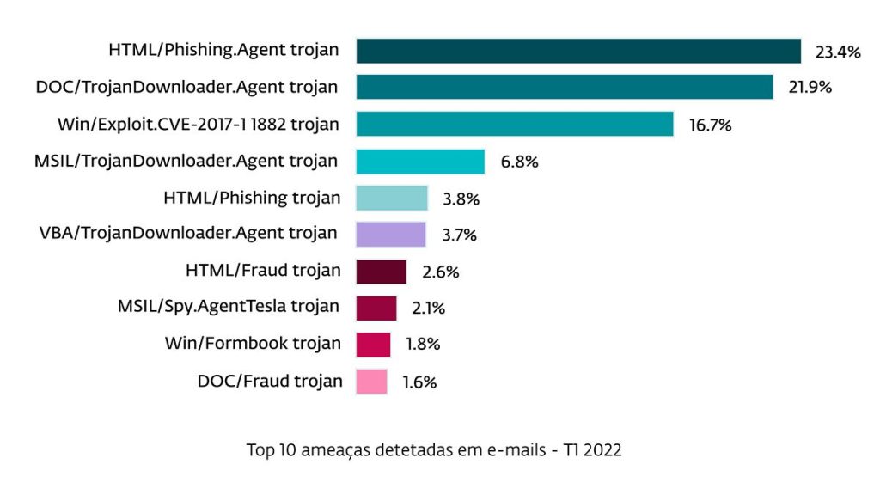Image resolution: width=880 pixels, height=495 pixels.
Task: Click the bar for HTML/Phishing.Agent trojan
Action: click(x=578, y=52)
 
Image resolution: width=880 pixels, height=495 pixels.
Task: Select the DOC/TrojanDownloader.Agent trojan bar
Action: click(x=564, y=88)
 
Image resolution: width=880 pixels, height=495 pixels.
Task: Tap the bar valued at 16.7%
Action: click(x=515, y=125)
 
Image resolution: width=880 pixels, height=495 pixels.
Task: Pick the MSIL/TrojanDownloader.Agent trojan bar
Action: click(x=420, y=162)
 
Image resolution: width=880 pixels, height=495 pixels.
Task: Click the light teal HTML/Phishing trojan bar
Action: click(x=392, y=199)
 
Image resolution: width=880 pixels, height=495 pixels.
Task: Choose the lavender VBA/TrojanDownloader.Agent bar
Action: click(x=391, y=235)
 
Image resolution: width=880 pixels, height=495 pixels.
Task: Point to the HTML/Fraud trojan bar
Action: click(x=382, y=272)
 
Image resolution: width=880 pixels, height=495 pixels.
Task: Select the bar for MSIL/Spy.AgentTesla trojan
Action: click(x=376, y=308)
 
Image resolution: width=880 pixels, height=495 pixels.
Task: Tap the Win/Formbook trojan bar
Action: click(x=374, y=345)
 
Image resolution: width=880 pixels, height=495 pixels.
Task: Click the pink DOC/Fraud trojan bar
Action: click(x=372, y=381)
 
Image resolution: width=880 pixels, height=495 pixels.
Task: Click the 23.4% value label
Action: click(x=838, y=52)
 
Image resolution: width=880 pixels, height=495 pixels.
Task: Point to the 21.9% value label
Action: click(x=810, y=89)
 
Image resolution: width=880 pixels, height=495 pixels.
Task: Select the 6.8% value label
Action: click(x=519, y=162)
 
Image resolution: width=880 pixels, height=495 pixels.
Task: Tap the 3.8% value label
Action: click(x=461, y=199)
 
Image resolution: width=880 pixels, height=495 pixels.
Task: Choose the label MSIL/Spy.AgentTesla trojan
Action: click(x=229, y=307)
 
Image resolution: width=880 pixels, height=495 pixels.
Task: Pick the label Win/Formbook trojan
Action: click(x=253, y=344)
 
